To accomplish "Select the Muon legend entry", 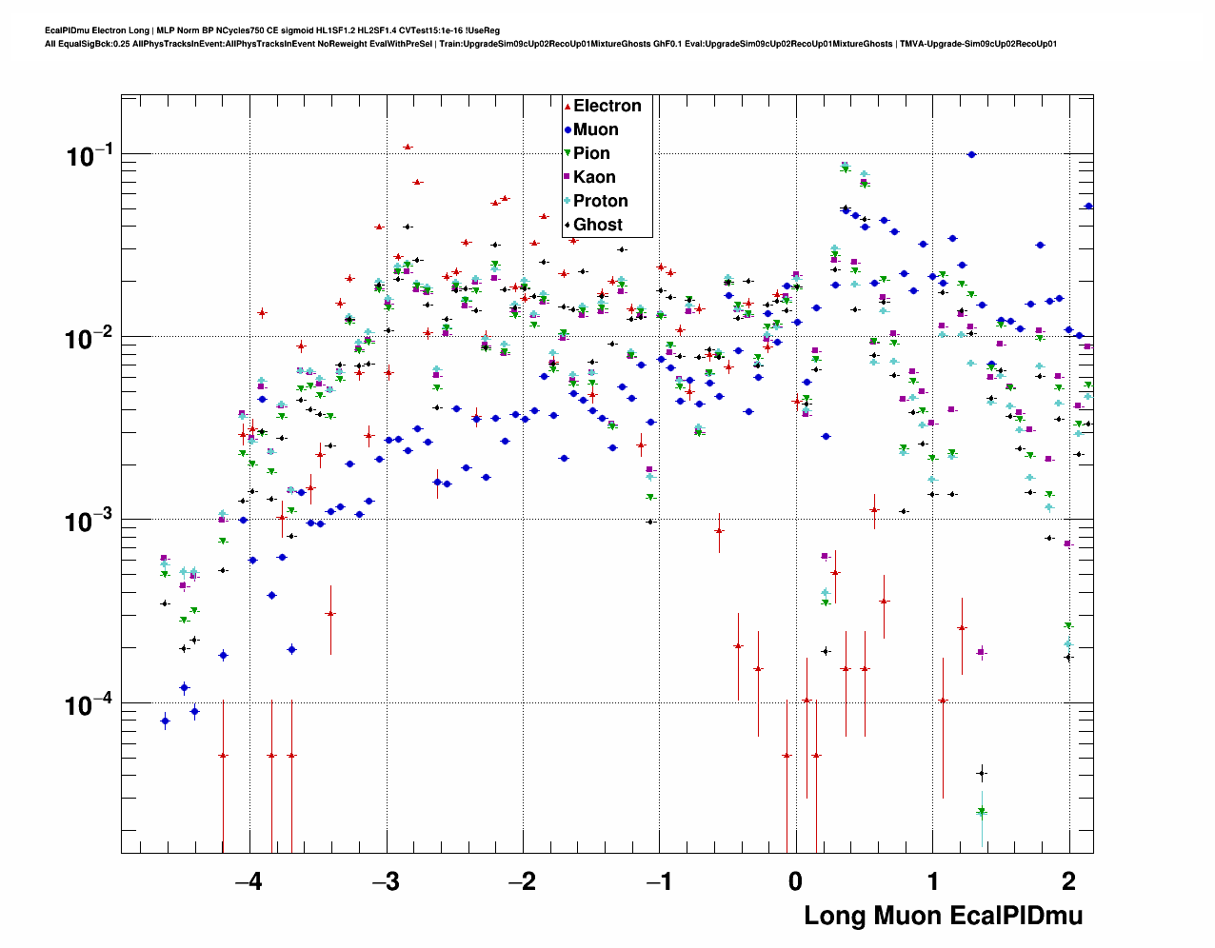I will point(595,129).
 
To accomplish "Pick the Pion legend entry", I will point(591,153).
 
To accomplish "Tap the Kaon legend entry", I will point(594,177).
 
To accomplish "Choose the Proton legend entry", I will point(600,201).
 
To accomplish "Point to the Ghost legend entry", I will point(597,225).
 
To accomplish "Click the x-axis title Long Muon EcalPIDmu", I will point(943,916).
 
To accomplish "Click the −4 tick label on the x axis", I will point(249,881).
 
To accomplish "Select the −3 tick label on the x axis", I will point(386,881).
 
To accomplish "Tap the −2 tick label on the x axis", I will point(522,881).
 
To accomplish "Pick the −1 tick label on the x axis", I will point(659,881).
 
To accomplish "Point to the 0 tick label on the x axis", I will point(796,881).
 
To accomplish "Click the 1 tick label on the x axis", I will point(933,881).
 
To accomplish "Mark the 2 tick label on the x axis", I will point(1069,881).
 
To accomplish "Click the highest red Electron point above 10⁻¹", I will point(408,148).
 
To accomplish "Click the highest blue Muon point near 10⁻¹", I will point(971,154).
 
